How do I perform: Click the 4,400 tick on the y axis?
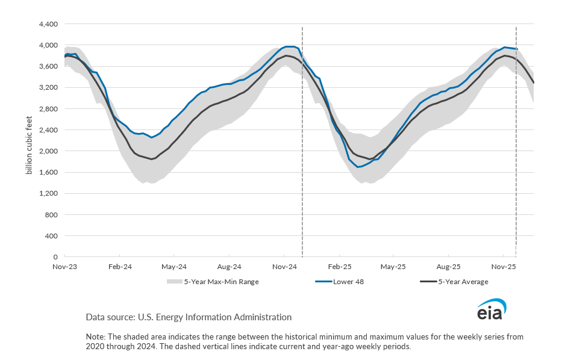48,24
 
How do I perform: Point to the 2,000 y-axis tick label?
48,151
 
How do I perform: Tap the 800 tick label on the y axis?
52,215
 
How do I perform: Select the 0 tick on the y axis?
55,257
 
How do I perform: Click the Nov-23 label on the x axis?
64,265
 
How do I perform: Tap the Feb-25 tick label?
339,265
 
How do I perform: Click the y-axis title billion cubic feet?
28,140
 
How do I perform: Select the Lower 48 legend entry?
348,281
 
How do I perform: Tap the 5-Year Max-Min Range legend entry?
221,281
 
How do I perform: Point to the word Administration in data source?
261,317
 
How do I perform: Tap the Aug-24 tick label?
229,265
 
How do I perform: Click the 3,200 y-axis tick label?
48,88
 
